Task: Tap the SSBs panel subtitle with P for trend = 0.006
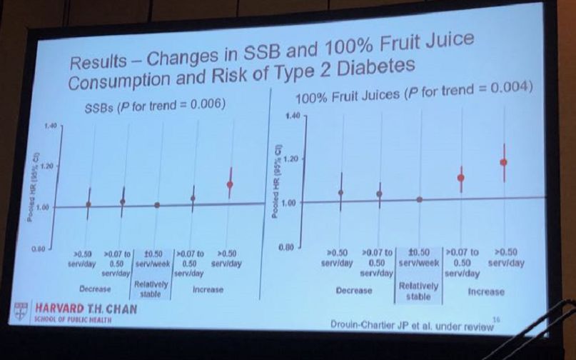click(x=151, y=106)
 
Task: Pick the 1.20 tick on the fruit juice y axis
click(x=289, y=159)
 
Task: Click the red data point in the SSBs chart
click(x=230, y=184)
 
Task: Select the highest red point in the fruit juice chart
click(x=504, y=162)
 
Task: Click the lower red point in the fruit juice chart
click(x=461, y=178)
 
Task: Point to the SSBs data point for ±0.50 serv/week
click(x=157, y=205)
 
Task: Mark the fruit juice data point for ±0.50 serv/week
click(x=420, y=199)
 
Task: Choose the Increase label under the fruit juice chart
click(x=485, y=291)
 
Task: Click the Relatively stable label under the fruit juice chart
click(x=418, y=291)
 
